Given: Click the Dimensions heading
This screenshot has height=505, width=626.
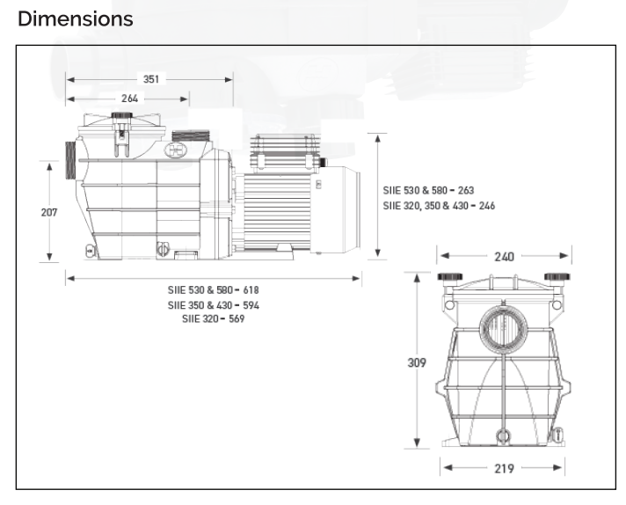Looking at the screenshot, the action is pyautogui.click(x=75, y=19).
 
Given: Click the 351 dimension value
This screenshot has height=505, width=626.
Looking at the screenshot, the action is pyautogui.click(x=151, y=79).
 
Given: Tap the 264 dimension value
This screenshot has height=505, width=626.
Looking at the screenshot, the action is pyautogui.click(x=130, y=99).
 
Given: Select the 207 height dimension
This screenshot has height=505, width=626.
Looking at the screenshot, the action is pyautogui.click(x=49, y=212).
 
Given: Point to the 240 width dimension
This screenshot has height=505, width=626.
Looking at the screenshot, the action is pyautogui.click(x=505, y=257).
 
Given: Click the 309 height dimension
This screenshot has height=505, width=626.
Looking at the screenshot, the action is pyautogui.click(x=417, y=362).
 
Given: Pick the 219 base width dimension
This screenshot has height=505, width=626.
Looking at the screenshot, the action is pyautogui.click(x=505, y=468).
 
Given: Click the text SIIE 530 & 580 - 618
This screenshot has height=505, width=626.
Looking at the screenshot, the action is pyautogui.click(x=213, y=290).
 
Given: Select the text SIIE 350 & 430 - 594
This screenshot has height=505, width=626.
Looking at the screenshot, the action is pyautogui.click(x=213, y=305).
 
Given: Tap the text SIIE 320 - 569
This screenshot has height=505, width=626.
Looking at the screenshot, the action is pyautogui.click(x=213, y=318).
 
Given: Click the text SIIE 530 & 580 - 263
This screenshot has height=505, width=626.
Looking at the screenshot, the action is pyautogui.click(x=428, y=190).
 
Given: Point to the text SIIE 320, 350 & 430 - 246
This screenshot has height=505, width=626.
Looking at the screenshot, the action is pyautogui.click(x=439, y=206).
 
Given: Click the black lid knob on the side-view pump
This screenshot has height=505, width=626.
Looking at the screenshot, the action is pyautogui.click(x=121, y=115).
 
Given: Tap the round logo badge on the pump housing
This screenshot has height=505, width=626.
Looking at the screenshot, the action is pyautogui.click(x=176, y=150).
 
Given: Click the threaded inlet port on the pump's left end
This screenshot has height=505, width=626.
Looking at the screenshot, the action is pyautogui.click(x=70, y=160).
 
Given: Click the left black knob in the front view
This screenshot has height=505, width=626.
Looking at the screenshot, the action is pyautogui.click(x=450, y=276).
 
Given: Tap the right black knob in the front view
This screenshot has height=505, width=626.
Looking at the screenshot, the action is pyautogui.click(x=557, y=276).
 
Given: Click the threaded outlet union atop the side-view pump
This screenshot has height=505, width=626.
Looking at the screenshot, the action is pyautogui.click(x=191, y=135).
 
